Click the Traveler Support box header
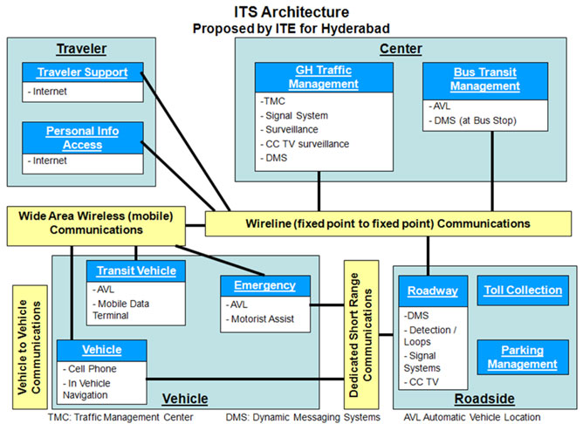(x=83, y=72)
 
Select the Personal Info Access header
(x=83, y=138)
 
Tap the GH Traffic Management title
(x=324, y=78)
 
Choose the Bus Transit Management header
(x=485, y=81)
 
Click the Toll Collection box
(x=523, y=291)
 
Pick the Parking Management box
(x=523, y=357)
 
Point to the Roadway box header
(x=433, y=291)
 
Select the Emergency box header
(x=265, y=286)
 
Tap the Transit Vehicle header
(x=136, y=271)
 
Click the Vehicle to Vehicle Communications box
(x=30, y=347)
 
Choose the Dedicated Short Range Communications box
(x=361, y=334)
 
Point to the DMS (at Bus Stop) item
(x=472, y=120)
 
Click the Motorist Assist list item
(x=260, y=319)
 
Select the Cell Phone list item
(x=90, y=369)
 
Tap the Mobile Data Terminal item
(x=120, y=310)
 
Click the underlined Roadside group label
(x=484, y=399)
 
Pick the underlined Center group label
(x=401, y=49)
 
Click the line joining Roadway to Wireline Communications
(x=428, y=256)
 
